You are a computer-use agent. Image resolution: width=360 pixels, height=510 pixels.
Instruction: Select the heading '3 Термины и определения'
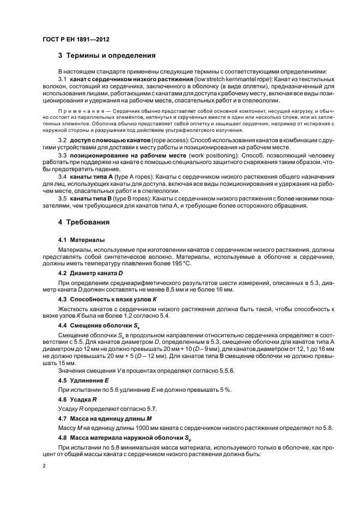click(107, 56)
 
